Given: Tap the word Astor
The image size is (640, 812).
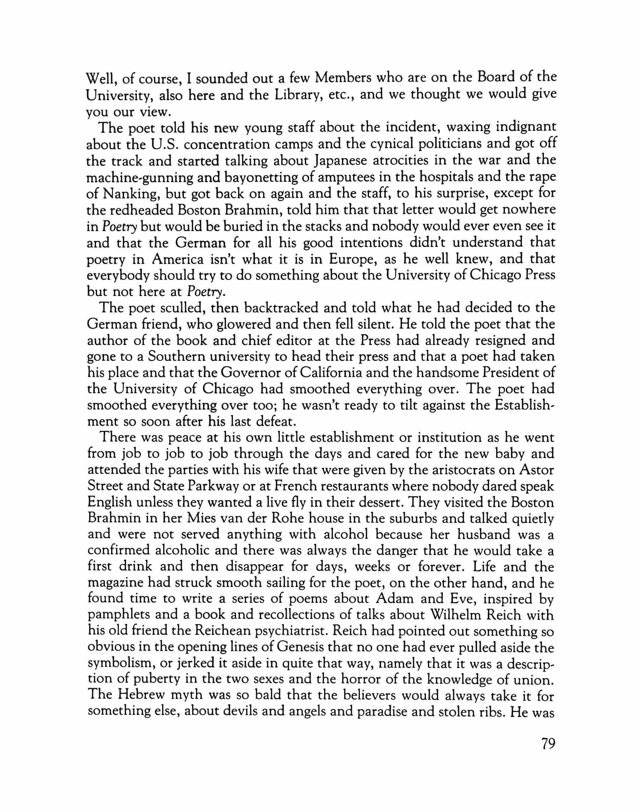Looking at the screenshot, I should [537, 470].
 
